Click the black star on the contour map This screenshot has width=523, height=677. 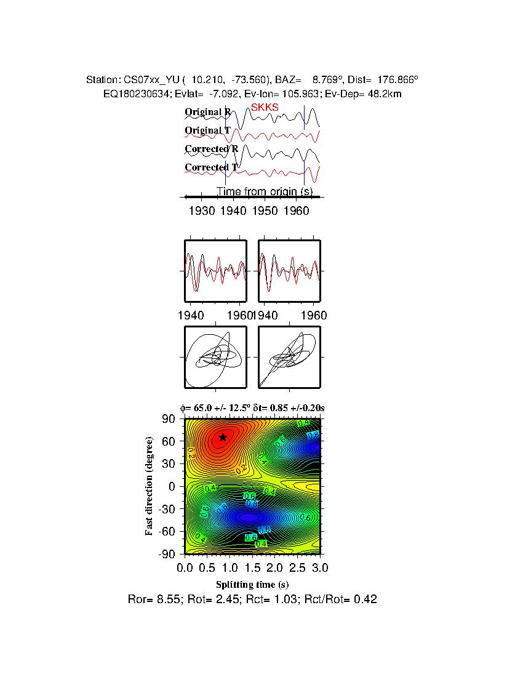[223, 437]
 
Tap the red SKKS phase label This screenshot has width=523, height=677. [265, 107]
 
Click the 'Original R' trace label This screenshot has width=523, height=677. [208, 112]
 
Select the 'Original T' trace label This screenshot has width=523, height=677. [208, 130]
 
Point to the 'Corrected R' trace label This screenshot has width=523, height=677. [211, 149]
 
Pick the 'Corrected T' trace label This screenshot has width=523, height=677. [211, 167]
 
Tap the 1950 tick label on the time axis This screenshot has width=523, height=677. [265, 210]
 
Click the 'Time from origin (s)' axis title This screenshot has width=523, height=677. [265, 191]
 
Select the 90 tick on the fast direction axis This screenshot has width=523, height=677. [169, 419]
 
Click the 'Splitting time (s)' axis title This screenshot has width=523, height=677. [252, 584]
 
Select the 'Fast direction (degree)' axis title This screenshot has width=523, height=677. [150, 486]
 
